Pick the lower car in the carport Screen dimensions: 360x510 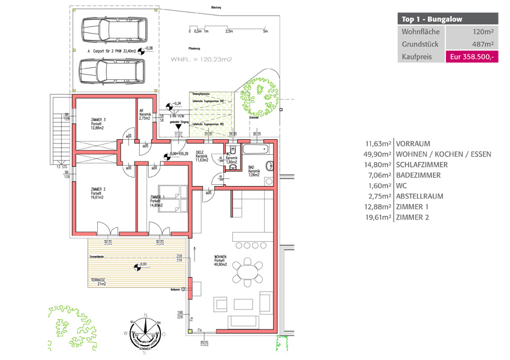coord(112,71)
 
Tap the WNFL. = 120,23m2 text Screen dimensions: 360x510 coord(202,59)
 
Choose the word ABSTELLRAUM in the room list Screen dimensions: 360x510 coord(418,196)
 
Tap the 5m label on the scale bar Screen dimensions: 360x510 coord(265,31)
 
